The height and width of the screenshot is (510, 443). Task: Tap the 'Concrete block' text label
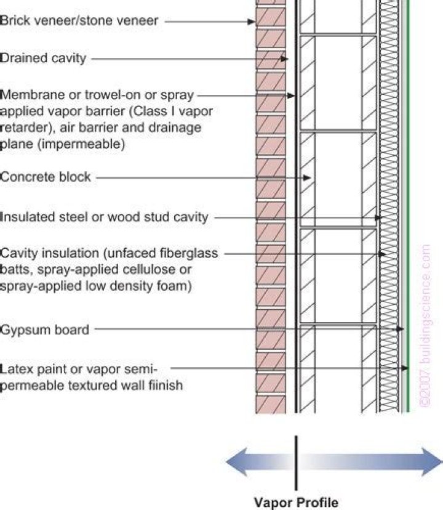[x=46, y=177]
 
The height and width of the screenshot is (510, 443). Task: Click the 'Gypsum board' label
[x=44, y=330]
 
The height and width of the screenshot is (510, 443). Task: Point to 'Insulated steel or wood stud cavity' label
[x=105, y=217]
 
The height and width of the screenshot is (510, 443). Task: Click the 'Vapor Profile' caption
[x=297, y=501]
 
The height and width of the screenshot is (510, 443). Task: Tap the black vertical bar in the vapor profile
[x=297, y=463]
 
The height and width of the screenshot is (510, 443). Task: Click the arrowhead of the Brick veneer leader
[x=252, y=22]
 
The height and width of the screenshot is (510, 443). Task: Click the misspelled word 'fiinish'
[x=167, y=386]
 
